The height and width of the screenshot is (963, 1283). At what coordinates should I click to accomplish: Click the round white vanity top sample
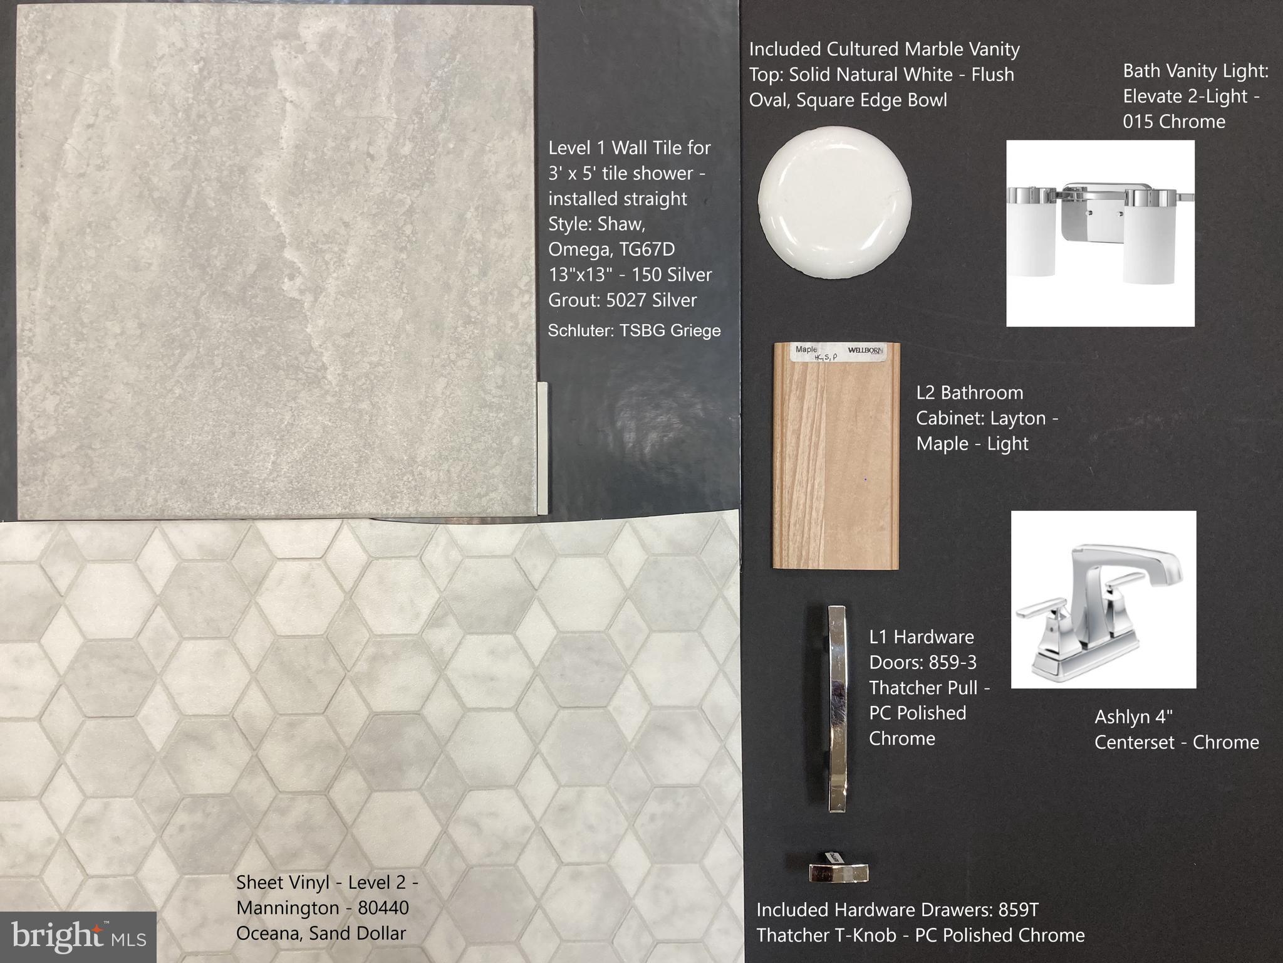pyautogui.click(x=834, y=201)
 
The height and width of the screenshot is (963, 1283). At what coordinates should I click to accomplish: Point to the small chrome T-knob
pyautogui.click(x=838, y=870)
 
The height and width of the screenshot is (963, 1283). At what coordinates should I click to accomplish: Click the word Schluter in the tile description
pyautogui.click(x=580, y=330)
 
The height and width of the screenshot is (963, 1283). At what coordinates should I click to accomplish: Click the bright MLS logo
pyautogui.click(x=78, y=937)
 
